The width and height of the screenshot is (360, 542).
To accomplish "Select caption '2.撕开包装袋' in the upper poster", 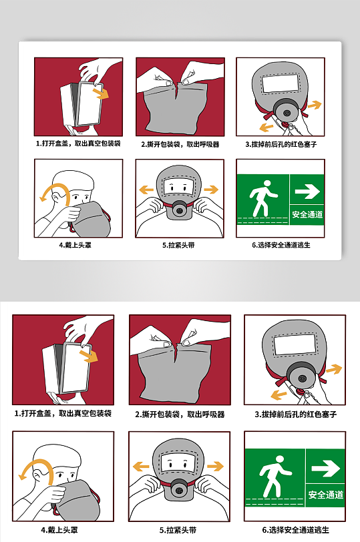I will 180,144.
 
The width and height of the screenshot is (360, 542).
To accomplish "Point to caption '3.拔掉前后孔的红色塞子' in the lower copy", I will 295,415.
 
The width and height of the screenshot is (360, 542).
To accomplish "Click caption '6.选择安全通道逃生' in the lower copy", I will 295,530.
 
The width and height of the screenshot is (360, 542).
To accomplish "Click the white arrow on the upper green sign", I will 307,192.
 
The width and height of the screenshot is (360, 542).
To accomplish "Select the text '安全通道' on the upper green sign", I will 307,215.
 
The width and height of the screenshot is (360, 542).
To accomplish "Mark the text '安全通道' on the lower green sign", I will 325,495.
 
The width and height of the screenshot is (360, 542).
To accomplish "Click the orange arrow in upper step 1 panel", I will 100,93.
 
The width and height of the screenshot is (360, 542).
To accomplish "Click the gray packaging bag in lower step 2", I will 177,374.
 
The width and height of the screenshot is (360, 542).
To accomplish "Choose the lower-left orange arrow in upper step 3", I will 266,126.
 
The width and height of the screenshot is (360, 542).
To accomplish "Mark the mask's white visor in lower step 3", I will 295,344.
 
